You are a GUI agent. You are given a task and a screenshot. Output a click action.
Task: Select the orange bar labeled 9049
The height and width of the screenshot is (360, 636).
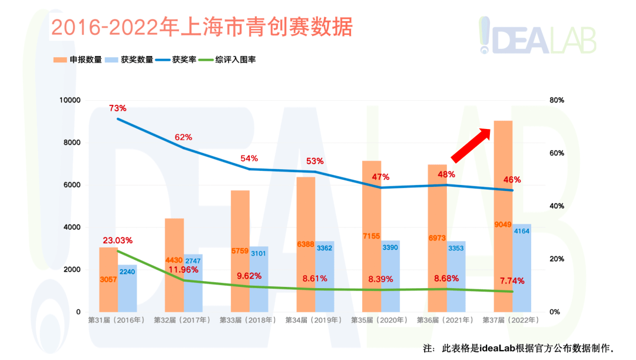point(503,177)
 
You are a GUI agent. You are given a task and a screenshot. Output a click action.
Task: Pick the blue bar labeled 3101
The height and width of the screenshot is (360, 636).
point(259,279)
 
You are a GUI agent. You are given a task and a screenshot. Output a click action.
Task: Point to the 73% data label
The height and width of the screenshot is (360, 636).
point(118,108)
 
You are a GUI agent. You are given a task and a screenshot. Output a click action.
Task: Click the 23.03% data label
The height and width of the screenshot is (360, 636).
point(118,240)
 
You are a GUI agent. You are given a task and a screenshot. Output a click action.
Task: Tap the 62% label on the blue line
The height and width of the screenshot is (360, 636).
point(183,137)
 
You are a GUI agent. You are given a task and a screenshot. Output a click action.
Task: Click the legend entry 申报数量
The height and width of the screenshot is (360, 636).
point(78,60)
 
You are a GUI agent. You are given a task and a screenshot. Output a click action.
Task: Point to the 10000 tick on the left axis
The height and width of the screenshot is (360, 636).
point(69,100)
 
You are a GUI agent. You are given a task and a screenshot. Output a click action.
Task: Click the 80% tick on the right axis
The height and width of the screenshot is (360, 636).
point(556,100)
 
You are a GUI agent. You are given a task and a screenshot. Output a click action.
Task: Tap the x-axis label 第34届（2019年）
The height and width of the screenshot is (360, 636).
point(314,321)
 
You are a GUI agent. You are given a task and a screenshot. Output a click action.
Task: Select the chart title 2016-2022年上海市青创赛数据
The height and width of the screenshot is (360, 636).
point(201,27)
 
